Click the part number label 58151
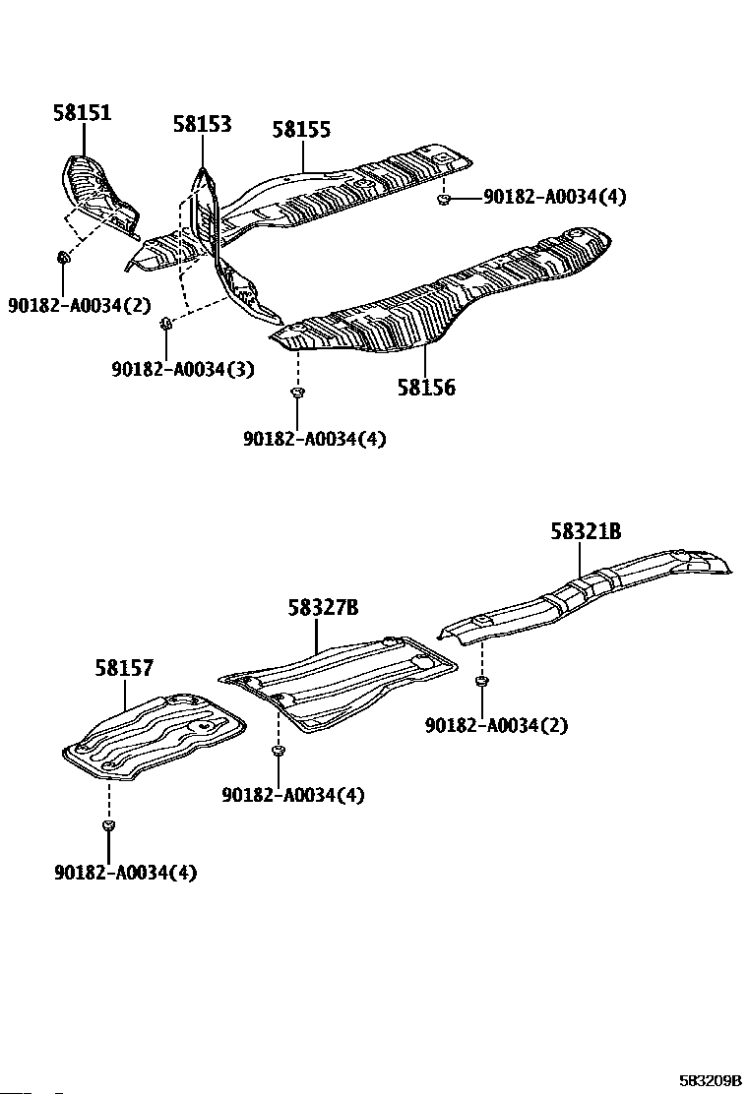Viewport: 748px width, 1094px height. click(82, 113)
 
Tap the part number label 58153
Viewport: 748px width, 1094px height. click(202, 124)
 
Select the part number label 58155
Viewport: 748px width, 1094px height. click(301, 129)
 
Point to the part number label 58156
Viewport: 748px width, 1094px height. click(426, 388)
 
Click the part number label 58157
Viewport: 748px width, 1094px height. click(124, 669)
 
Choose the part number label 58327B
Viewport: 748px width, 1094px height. click(323, 608)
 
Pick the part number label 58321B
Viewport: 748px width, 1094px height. click(586, 532)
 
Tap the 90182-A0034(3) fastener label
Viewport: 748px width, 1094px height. click(183, 370)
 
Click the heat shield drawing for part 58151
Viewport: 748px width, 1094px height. click(98, 192)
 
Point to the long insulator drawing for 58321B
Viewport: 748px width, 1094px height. click(591, 590)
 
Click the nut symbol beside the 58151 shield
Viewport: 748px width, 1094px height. click(64, 258)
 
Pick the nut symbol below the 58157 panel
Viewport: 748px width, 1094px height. click(108, 823)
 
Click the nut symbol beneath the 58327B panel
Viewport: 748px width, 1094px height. click(279, 752)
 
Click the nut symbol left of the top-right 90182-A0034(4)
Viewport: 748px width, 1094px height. click(444, 201)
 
